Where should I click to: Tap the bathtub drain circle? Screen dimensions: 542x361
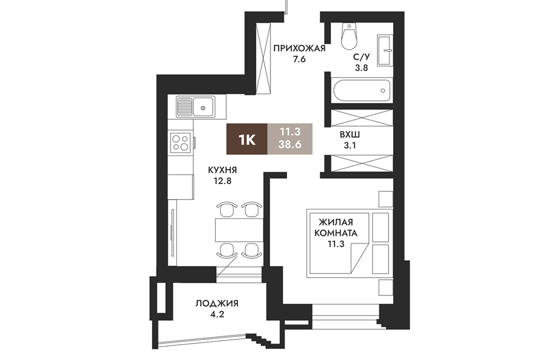(x=383, y=90)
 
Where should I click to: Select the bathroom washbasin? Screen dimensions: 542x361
(x=385, y=50)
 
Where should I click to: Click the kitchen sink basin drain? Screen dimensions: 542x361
(x=203, y=108)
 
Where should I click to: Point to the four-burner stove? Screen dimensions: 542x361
(x=180, y=143)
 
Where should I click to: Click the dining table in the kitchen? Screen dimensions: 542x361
(x=239, y=230)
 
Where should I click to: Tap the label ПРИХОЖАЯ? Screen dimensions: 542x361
(x=299, y=49)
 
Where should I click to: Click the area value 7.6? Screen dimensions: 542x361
(x=299, y=59)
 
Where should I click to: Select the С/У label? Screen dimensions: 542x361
(x=361, y=57)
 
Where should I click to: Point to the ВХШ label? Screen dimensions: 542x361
(x=350, y=135)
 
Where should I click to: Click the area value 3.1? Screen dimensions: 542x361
(x=350, y=145)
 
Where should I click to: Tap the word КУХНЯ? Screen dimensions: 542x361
(x=223, y=170)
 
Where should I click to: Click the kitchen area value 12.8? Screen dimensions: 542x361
(x=223, y=181)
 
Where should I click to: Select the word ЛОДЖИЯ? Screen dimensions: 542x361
(x=217, y=303)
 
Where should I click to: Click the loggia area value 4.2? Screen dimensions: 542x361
(x=217, y=314)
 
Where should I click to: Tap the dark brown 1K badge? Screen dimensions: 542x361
(x=247, y=139)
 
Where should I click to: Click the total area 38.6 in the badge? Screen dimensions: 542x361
(x=290, y=144)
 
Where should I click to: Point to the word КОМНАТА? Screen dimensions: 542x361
(x=336, y=233)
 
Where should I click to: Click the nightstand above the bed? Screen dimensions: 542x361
(x=386, y=199)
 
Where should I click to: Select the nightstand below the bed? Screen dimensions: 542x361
(x=386, y=288)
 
